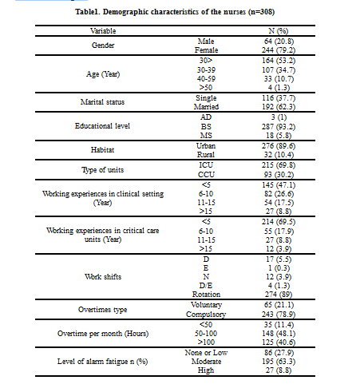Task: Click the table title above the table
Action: [175, 12]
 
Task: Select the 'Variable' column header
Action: [103, 31]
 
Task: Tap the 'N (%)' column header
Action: [279, 31]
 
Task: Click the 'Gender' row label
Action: [103, 46]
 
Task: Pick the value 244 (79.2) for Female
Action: [279, 50]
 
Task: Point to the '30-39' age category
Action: [206, 70]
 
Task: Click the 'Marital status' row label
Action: [102, 102]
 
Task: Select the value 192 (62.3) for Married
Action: [279, 107]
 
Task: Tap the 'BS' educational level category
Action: [206, 127]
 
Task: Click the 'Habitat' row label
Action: [102, 150]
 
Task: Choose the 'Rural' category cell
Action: [206, 155]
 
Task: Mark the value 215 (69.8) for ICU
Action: [279, 165]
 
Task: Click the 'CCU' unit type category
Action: [206, 175]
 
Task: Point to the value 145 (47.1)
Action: [279, 185]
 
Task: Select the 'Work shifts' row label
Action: [103, 277]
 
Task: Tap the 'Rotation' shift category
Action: [206, 295]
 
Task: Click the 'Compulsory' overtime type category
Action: [206, 315]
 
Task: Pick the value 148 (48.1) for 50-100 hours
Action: [279, 334]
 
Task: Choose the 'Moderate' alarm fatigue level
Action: [206, 362]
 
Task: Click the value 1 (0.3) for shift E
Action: [279, 268]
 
